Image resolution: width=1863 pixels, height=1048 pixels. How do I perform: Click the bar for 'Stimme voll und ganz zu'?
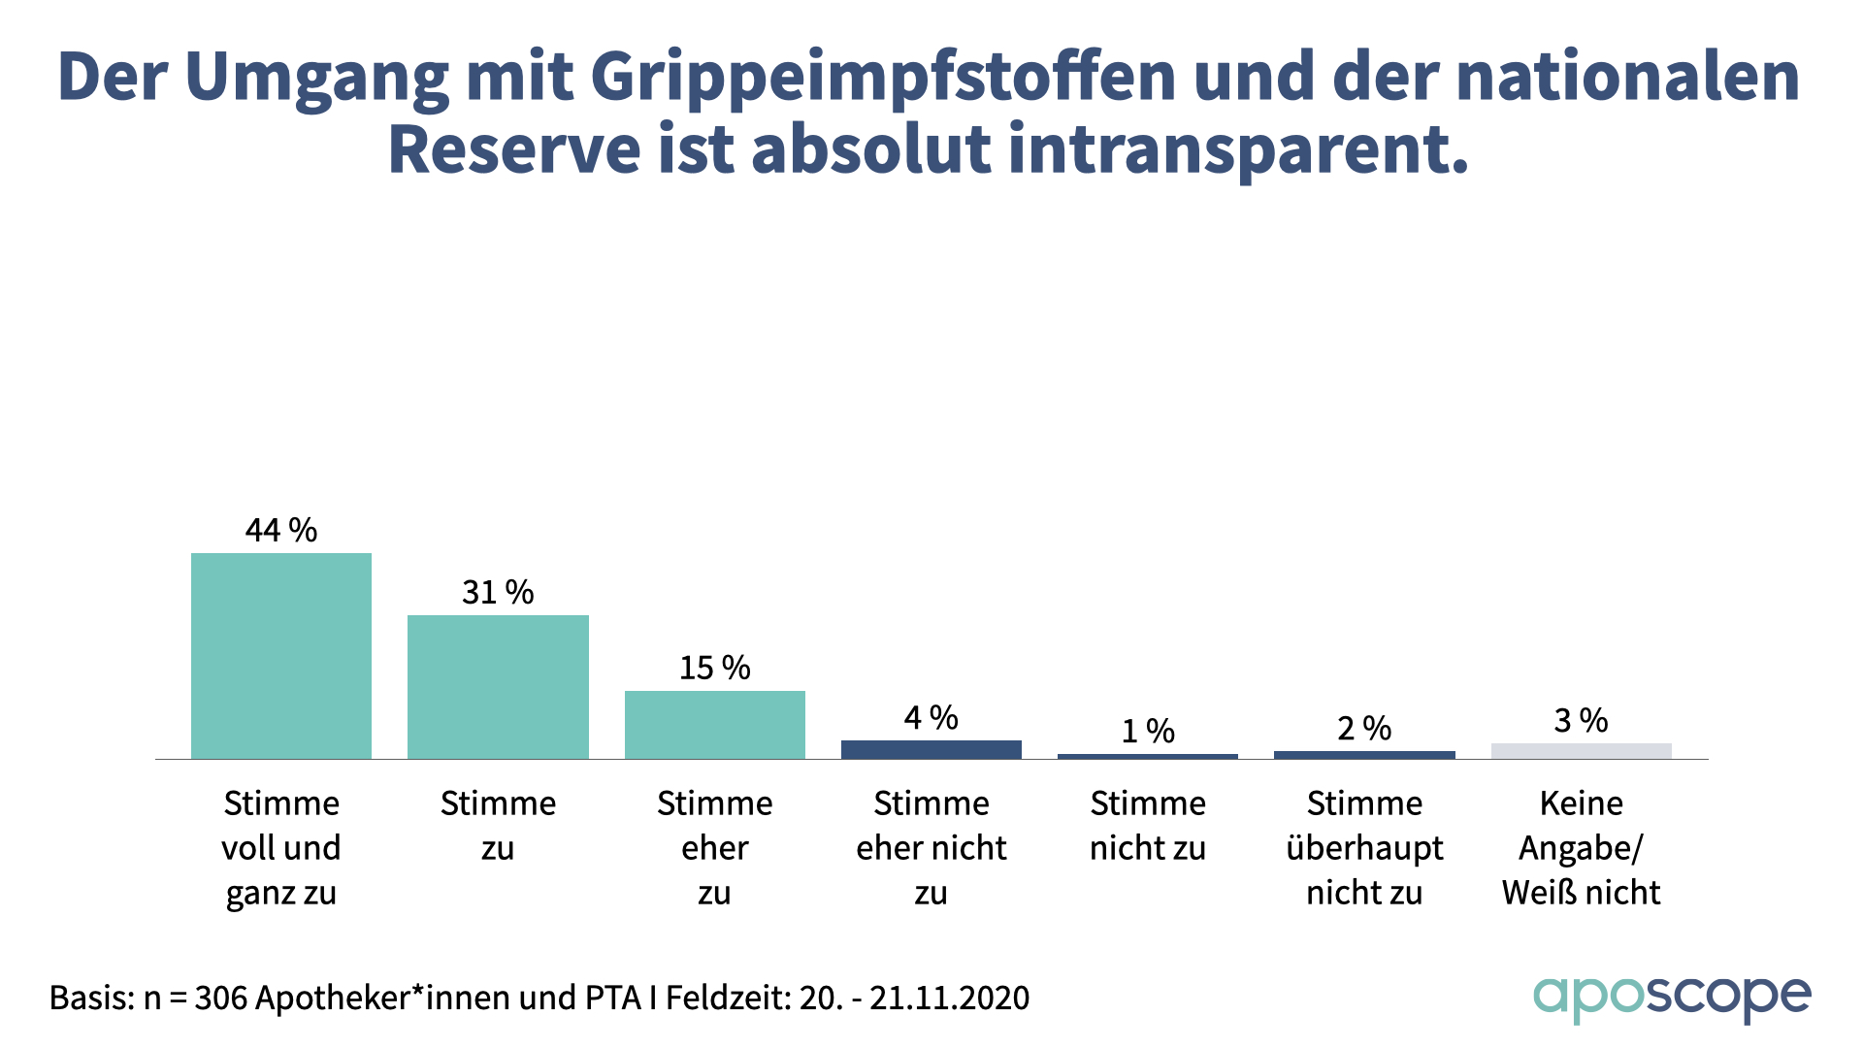point(281,656)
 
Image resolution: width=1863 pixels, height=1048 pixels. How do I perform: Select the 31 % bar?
point(498,687)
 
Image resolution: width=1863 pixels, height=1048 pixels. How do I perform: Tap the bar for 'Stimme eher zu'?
point(715,725)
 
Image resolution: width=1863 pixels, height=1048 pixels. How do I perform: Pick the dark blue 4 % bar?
point(931,749)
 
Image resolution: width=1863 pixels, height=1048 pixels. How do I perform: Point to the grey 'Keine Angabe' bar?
point(1581,751)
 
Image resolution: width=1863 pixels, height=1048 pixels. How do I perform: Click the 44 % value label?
point(281,531)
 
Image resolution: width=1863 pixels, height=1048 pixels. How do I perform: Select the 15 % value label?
point(715,669)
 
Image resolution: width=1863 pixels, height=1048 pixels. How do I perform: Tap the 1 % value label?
point(1148,732)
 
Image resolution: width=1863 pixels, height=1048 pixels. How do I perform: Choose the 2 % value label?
point(1364,729)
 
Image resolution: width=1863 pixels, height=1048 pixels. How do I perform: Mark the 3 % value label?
point(1581,721)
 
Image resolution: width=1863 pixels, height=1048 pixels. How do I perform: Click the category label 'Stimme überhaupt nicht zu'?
point(1364,848)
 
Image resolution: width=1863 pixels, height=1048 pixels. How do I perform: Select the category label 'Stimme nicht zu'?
point(1148,826)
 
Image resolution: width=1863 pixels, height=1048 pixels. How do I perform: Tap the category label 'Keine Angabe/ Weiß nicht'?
point(1581,848)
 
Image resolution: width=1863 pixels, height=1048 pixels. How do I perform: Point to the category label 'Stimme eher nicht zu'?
point(931,848)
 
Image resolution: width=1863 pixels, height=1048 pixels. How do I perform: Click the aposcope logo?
point(1671,998)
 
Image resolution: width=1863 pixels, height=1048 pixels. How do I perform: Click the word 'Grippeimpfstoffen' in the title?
point(883,78)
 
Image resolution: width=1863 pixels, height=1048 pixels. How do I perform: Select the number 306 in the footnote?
point(219,999)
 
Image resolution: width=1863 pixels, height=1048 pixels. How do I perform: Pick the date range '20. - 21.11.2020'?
point(914,999)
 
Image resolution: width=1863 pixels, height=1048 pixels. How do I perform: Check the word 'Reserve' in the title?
point(514,151)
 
